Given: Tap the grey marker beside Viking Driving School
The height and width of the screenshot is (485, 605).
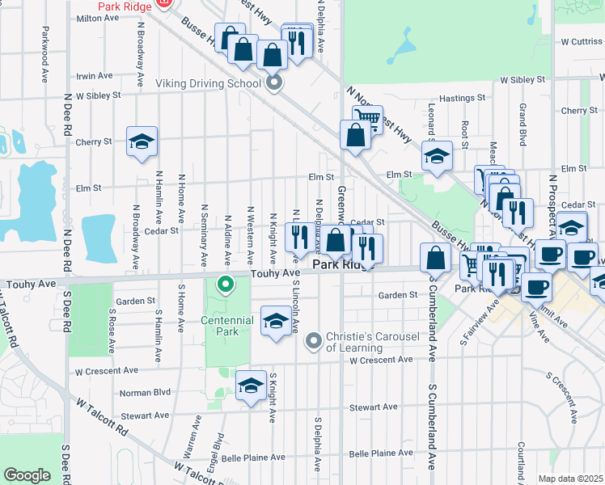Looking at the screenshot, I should [274, 83].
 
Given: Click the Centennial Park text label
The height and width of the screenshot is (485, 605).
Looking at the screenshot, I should [227, 326].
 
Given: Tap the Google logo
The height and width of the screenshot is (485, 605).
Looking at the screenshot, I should [27, 475].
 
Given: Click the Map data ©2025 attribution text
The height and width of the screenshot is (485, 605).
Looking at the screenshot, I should [571, 479].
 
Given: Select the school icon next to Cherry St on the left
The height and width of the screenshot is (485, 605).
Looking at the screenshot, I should [142, 142].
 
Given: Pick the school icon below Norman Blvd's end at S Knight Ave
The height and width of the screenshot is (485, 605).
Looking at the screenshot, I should [251, 386].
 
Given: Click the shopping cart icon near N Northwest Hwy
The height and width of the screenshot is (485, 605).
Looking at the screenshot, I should [367, 120].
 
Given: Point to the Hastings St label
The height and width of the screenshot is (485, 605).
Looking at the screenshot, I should [462, 98].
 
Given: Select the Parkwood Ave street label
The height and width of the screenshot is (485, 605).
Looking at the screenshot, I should [42, 57].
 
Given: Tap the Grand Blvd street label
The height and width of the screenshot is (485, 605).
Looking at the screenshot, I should [523, 124].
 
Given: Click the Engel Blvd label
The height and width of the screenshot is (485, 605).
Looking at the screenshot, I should [218, 452].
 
